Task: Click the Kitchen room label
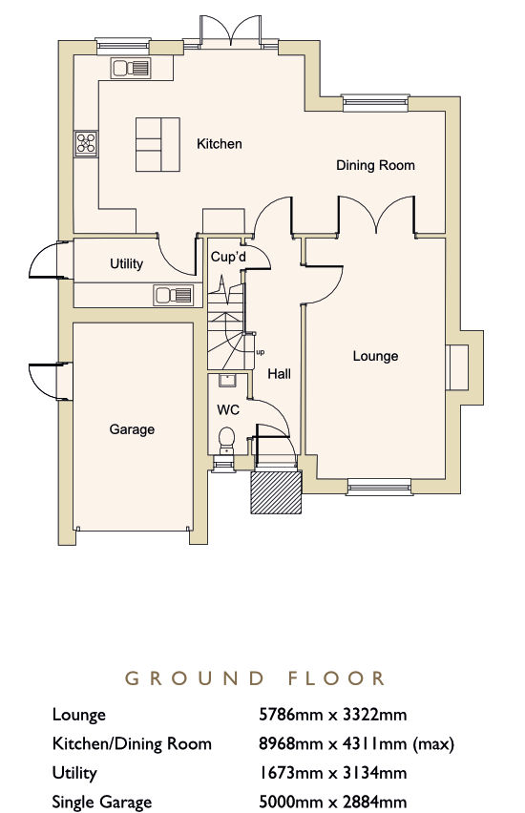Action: (219, 144)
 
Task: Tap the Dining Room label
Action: (375, 165)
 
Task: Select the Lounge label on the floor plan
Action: (375, 356)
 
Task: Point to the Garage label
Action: (132, 429)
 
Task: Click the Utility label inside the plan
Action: (126, 264)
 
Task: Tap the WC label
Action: (228, 410)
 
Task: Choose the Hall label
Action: (279, 374)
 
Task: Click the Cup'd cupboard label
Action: (228, 257)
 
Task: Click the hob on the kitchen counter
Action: (86, 143)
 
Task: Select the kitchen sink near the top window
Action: (131, 68)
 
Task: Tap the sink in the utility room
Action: (174, 296)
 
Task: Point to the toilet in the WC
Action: (227, 439)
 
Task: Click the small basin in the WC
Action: (227, 381)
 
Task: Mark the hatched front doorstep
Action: (276, 492)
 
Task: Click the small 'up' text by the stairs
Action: (261, 352)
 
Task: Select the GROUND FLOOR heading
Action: (255, 678)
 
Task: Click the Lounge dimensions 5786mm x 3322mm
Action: (332, 715)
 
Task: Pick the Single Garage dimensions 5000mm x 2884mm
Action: (332, 802)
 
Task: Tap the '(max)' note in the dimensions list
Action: (433, 744)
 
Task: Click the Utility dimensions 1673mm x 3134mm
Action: (332, 773)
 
